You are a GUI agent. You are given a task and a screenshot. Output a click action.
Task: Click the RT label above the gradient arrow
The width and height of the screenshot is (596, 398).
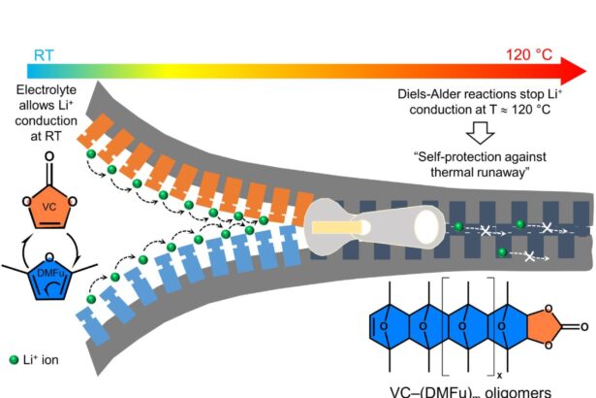click(x=45, y=54)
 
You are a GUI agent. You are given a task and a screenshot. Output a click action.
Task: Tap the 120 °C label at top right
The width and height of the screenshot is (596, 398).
click(x=532, y=54)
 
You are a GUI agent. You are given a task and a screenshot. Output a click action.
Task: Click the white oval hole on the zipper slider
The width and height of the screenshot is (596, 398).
click(x=425, y=227)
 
